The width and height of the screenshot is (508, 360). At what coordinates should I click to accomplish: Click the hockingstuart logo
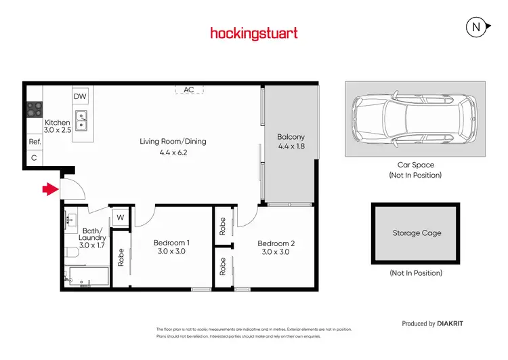pos(253,33)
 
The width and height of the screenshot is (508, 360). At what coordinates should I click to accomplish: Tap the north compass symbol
pos(477,27)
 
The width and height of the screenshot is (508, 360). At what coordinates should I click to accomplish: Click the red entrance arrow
pos(49,190)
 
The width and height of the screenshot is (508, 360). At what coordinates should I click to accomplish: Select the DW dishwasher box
pos(80,96)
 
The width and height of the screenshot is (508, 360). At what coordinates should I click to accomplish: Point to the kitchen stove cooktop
pos(34,109)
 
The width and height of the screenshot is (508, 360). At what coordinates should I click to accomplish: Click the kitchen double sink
pos(81,121)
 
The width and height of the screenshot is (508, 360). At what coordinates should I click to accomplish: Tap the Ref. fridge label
pos(34,142)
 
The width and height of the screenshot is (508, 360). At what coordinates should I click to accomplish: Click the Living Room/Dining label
pos(173,142)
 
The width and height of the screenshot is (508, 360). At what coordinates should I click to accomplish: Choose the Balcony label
pos(291,137)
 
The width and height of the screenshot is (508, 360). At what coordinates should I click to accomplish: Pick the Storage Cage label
pos(417,233)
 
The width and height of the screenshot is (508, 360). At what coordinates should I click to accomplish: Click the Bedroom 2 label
pos(276,243)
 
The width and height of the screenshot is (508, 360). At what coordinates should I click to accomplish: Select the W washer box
pos(120,217)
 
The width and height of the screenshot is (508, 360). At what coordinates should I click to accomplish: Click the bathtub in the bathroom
pos(88,276)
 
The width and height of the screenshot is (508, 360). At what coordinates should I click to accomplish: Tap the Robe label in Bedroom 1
pos(121,258)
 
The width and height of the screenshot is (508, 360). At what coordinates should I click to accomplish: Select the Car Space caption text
pos(416,165)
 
